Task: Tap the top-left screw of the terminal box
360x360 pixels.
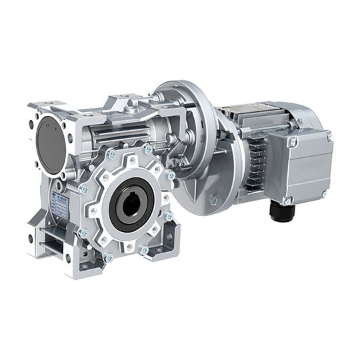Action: [291, 142]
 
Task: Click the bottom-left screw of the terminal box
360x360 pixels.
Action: [288, 199]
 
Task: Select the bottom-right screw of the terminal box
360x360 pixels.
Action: [324, 193]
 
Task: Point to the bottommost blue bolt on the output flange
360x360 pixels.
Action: [109, 257]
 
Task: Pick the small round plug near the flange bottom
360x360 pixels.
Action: [213, 199]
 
